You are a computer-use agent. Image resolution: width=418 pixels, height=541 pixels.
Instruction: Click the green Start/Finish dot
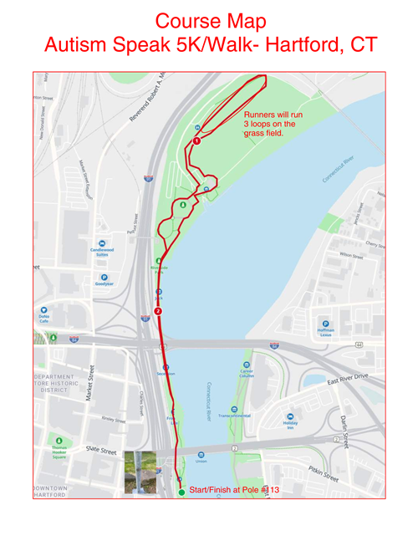click(181, 492)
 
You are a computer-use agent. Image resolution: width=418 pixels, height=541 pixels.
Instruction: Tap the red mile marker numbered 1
click(196, 141)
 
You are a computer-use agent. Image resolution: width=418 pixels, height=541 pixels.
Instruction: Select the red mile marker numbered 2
click(158, 311)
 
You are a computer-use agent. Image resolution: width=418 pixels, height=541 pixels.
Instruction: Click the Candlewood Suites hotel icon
click(102, 243)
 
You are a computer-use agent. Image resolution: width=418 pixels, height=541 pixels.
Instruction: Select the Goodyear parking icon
click(104, 277)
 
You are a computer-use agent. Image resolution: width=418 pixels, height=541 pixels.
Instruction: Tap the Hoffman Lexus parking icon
click(325, 324)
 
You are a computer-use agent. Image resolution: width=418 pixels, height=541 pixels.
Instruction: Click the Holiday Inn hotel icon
click(290, 416)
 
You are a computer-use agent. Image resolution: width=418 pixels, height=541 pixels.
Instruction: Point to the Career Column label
click(246, 374)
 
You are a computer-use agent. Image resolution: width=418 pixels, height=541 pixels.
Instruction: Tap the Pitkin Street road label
click(323, 474)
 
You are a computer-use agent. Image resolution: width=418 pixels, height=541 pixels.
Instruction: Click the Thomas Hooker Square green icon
click(59, 440)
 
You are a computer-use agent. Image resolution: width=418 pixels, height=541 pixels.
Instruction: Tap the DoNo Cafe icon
click(43, 309)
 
